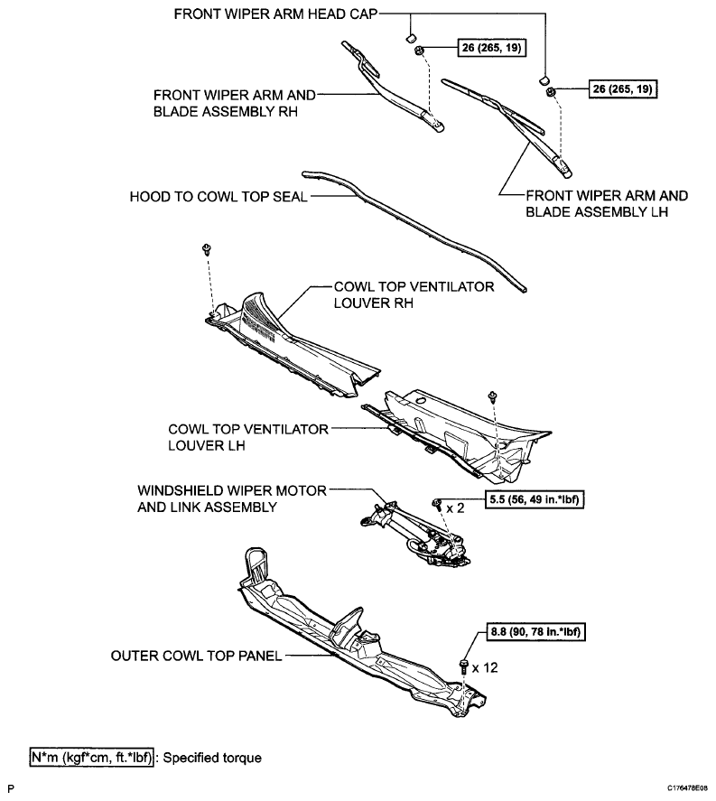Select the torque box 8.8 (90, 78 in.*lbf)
pyautogui.click(x=534, y=633)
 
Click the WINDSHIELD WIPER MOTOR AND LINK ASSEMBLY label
pyautogui.click(x=231, y=498)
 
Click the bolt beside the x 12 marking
pyautogui.click(x=464, y=666)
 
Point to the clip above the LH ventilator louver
pyautogui.click(x=491, y=396)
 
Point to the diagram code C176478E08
pyautogui.click(x=687, y=789)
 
